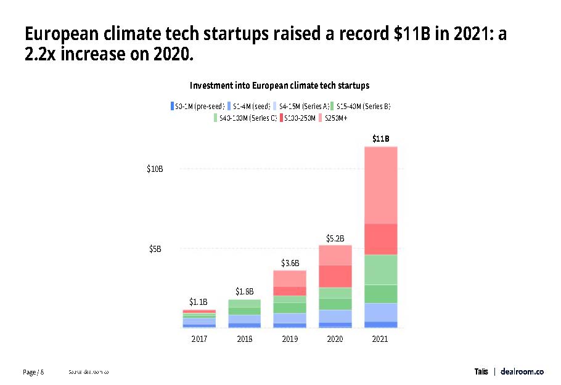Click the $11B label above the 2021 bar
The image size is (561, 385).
(380, 139)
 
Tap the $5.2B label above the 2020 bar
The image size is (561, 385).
(335, 238)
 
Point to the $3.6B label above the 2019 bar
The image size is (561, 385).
(290, 263)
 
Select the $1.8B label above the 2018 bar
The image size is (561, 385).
(244, 291)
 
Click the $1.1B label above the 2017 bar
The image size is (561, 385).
(199, 302)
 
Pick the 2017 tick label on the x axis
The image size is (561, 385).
(199, 339)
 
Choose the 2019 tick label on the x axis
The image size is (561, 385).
(290, 339)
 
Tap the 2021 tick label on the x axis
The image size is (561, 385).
(380, 339)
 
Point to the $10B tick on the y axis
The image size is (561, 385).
(155, 169)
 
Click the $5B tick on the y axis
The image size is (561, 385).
(155, 249)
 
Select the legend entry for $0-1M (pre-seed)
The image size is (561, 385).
(197, 106)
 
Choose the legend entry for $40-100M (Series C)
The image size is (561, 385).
(245, 118)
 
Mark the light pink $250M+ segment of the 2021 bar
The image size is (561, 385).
(380, 185)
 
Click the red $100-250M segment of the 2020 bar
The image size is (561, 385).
(335, 276)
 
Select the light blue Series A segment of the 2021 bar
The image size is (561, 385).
(380, 312)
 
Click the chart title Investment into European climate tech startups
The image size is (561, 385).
(280, 85)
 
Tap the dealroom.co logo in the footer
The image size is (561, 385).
(522, 371)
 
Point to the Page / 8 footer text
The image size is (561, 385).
(34, 372)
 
